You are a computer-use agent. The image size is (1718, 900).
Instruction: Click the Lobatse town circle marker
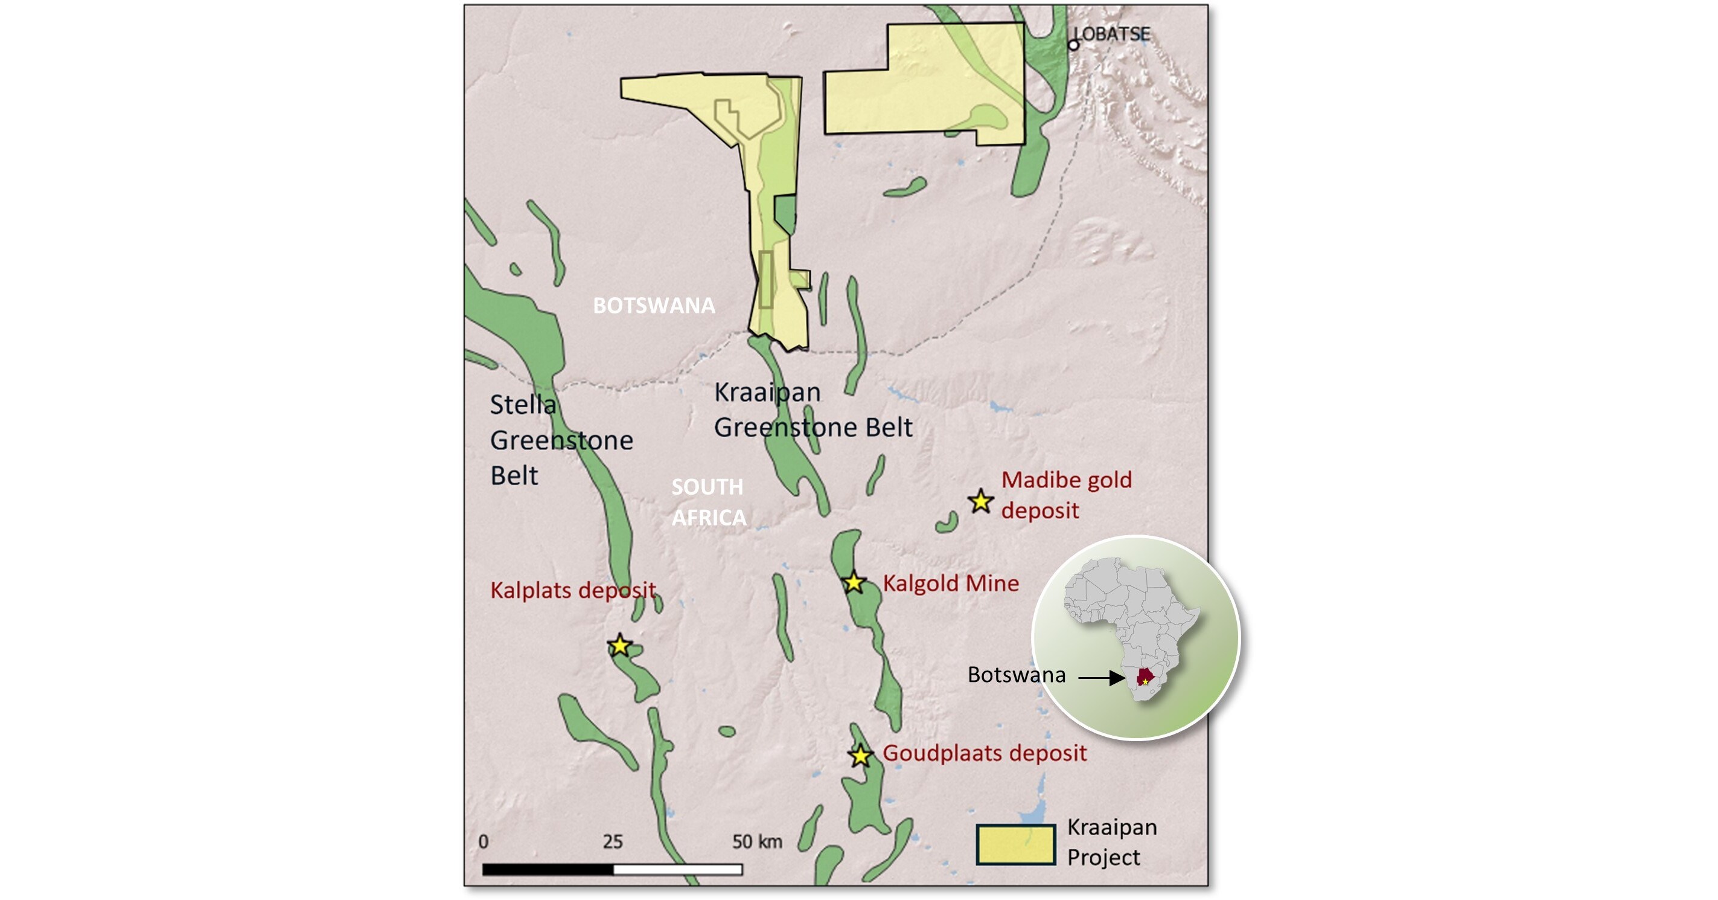click(x=1073, y=45)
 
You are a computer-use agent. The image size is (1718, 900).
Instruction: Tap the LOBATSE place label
click(x=1113, y=33)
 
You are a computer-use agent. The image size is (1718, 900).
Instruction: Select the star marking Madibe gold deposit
click(x=980, y=501)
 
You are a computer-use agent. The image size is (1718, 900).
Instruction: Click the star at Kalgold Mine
click(x=854, y=583)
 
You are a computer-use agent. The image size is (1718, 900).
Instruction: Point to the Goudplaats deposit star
click(x=860, y=756)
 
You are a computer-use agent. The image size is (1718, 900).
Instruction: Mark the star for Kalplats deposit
click(x=619, y=646)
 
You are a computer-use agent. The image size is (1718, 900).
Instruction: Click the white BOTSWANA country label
click(x=654, y=306)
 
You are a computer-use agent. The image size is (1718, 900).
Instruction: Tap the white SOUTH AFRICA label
click(x=707, y=502)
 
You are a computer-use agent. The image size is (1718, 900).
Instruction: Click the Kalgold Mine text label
click(x=950, y=583)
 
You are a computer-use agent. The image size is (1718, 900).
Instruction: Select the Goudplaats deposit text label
click(x=985, y=753)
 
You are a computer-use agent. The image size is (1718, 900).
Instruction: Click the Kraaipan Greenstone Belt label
click(x=813, y=410)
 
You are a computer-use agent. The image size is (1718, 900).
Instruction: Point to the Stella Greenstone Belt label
click(x=560, y=440)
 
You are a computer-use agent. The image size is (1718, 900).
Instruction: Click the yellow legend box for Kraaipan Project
click(x=1015, y=844)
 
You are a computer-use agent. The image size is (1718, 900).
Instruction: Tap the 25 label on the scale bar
click(x=612, y=841)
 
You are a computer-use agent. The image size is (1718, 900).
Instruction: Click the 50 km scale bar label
click(x=757, y=841)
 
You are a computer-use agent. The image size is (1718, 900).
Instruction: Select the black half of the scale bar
click(x=548, y=869)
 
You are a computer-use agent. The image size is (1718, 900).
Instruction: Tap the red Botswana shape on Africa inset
click(x=1145, y=676)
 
